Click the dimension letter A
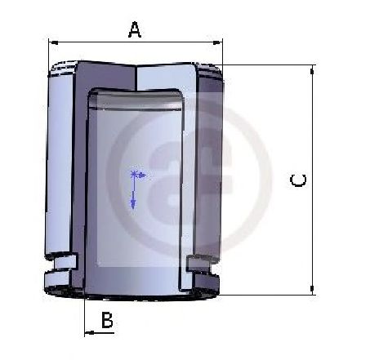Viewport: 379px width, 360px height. pos(135,30)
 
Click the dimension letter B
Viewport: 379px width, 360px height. pos(107,320)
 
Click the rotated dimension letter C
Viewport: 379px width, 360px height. pos(298,180)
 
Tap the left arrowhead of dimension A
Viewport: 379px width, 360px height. pos(54,42)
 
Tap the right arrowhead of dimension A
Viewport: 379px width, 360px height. pos(217,42)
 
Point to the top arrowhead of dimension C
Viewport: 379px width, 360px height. pos(312,71)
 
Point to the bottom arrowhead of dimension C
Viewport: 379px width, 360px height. pos(312,289)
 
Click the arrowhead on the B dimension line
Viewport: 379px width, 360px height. pos(90,332)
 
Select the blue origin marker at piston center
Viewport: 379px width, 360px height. pos(133,174)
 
